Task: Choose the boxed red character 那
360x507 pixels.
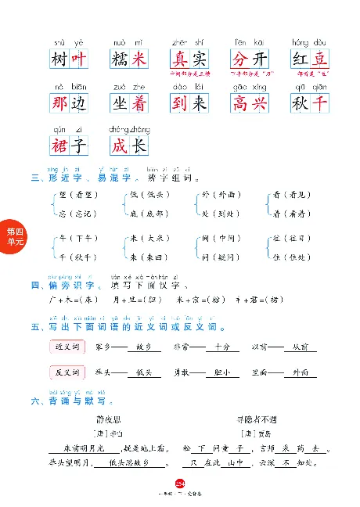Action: [59, 102]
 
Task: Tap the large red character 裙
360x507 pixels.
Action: [59, 146]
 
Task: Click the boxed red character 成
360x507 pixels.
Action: [120, 146]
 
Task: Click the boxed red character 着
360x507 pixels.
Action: [137, 102]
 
